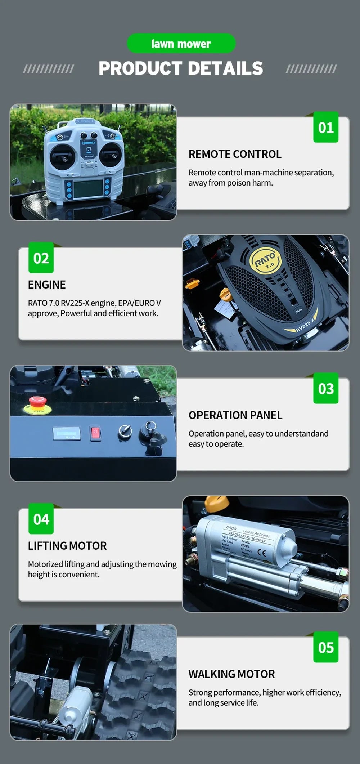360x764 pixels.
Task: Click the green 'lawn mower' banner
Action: coord(181,44)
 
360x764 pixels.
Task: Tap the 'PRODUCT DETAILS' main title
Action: coord(181,68)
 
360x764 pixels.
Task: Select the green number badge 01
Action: coord(326,128)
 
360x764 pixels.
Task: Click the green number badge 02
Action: coord(41,258)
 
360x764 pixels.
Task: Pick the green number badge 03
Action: coord(326,388)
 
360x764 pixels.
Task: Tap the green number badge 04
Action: coord(41,519)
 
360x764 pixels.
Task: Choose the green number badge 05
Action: coord(326,647)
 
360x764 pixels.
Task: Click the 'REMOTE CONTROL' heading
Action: coord(235,154)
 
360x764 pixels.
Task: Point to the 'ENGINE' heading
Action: coord(47,285)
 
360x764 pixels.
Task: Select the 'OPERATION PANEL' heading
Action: coord(235,415)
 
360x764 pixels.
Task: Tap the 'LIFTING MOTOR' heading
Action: coord(67,546)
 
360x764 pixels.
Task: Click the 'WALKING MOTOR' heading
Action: coord(231,674)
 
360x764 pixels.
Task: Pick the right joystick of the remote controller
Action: coord(111,155)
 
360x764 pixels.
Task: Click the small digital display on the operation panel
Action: coord(67,433)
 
